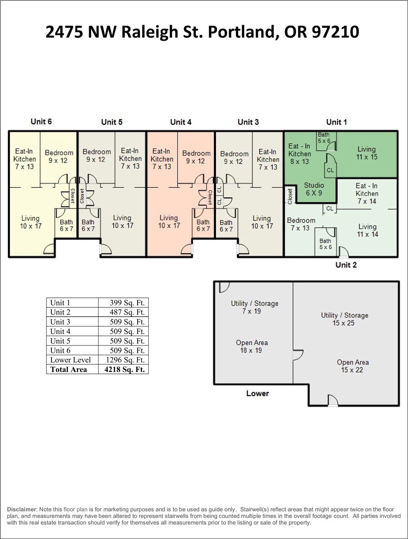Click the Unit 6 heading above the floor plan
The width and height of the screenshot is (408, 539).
tap(41, 121)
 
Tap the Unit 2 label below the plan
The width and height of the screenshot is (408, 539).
tap(346, 265)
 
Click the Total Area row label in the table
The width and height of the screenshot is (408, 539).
tap(68, 369)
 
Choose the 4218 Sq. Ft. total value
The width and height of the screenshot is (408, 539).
tap(124, 369)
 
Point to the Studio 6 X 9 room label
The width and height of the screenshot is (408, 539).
tap(314, 189)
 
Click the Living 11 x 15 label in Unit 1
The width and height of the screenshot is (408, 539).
tap(367, 153)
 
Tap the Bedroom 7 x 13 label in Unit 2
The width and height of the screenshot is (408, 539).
tap(301, 224)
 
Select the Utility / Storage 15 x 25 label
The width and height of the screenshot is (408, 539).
tap(344, 319)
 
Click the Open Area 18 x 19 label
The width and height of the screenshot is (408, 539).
tap(252, 346)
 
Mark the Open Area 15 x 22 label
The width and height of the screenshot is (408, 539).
tap(353, 366)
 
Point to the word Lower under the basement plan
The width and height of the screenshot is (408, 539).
tap(257, 394)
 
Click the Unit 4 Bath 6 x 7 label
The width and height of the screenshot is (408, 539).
tap(203, 225)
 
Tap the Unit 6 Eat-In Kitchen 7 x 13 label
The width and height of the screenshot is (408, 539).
tap(24, 159)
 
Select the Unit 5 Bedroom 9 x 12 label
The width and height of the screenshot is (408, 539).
tap(97, 155)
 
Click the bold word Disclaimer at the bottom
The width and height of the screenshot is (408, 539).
tap(21, 509)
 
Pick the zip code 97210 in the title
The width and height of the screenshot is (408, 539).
tap(335, 32)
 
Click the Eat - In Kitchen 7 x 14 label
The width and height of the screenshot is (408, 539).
tap(367, 193)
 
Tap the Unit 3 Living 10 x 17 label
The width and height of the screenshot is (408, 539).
tap(262, 222)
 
